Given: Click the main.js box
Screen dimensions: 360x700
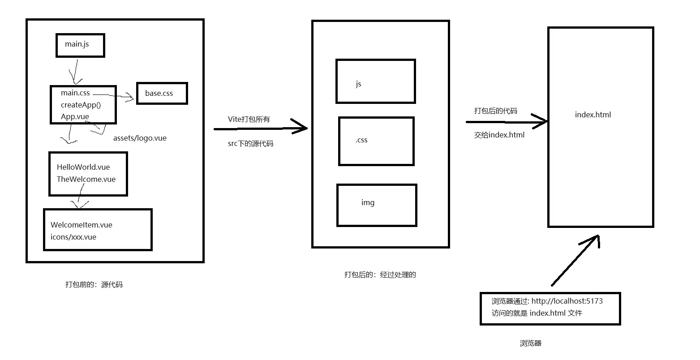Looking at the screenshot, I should pos(80,45).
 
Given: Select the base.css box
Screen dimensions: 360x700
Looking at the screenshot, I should pos(162,93).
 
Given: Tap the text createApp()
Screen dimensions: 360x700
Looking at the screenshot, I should pos(81,105).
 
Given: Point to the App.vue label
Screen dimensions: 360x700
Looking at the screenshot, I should pos(75,116).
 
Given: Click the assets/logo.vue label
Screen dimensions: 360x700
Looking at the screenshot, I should pos(140,138).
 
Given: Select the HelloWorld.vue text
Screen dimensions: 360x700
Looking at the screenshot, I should pos(83,167).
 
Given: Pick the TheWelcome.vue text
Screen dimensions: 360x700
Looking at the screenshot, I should pos(86,179).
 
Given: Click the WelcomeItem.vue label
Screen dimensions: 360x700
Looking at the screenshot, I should pos(82,225).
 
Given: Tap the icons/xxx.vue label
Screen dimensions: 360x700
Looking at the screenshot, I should pos(73,237).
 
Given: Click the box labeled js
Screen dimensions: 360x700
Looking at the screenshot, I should pos(375,81).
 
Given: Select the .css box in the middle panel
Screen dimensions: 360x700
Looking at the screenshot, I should pos(376,141).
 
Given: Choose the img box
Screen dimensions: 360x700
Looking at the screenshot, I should pos(377,205).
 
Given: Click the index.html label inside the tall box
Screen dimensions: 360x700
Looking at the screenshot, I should pos(593,115).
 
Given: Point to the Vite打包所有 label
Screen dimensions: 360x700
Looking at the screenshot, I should pos(249,119).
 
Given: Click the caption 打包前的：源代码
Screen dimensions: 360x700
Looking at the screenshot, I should pos(94,284).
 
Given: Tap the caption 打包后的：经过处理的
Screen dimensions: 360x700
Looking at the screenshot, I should pos(380,274).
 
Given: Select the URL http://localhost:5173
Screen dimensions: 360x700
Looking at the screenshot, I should pos(567,301).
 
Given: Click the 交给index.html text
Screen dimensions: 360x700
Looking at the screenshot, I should pos(499,134).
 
